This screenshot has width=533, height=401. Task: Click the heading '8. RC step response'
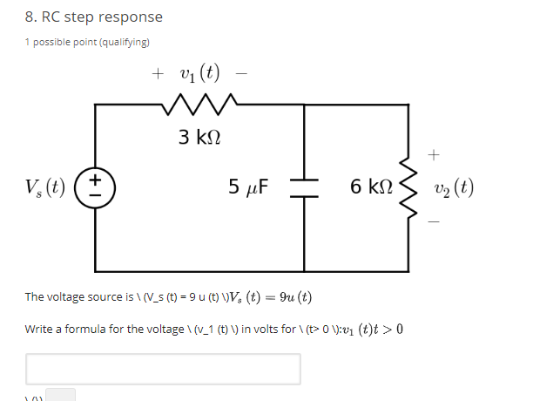(x=93, y=17)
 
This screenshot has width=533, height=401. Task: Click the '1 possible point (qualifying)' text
(x=87, y=42)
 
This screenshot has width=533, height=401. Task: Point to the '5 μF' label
(x=248, y=187)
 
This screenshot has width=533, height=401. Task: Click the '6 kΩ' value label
(x=369, y=187)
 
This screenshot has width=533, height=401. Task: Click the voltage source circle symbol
(x=96, y=187)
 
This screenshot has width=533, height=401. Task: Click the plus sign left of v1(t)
(x=158, y=74)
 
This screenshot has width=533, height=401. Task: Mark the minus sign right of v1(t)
(x=240, y=74)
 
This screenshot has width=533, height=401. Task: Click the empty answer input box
(x=163, y=369)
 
